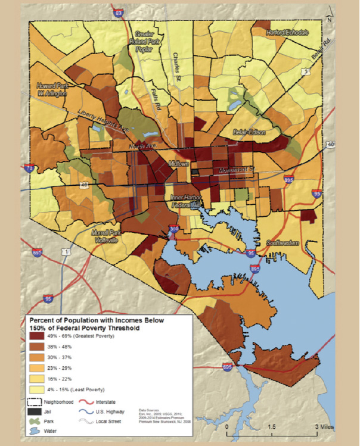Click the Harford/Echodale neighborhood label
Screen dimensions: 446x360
tap(288, 32)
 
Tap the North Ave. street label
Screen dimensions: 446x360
tap(141, 146)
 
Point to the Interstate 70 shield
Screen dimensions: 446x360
tap(30, 170)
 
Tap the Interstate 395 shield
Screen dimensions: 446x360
tap(174, 228)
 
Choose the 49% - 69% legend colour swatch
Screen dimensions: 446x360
tap(39, 336)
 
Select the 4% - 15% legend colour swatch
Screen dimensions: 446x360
tap(39, 389)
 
